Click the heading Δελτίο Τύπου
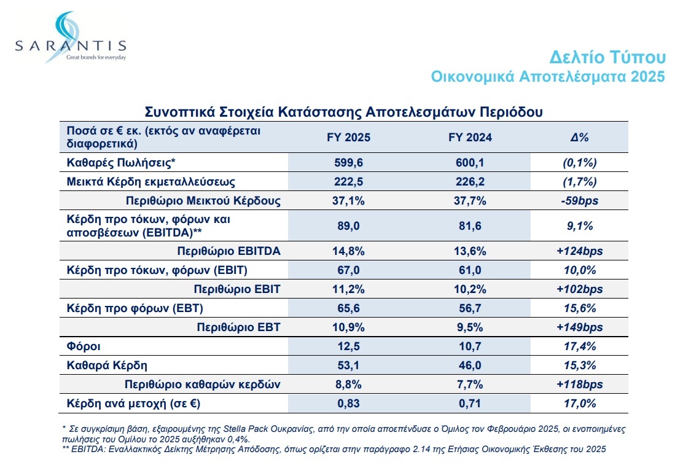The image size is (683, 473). pyautogui.click(x=607, y=58)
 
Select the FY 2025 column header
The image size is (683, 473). pyautogui.click(x=349, y=138)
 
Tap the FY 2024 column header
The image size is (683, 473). pyautogui.click(x=470, y=138)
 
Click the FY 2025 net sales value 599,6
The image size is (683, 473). pyautogui.click(x=349, y=163)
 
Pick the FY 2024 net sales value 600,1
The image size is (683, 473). pyautogui.click(x=470, y=163)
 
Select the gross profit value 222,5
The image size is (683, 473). pyautogui.click(x=349, y=182)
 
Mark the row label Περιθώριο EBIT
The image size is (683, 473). pyautogui.click(x=237, y=289)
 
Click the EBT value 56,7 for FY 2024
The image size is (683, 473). pyautogui.click(x=470, y=308)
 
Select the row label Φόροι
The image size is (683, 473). pyautogui.click(x=80, y=346)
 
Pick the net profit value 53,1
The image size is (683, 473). pyautogui.click(x=349, y=365)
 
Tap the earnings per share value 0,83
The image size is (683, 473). pyautogui.click(x=349, y=404)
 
